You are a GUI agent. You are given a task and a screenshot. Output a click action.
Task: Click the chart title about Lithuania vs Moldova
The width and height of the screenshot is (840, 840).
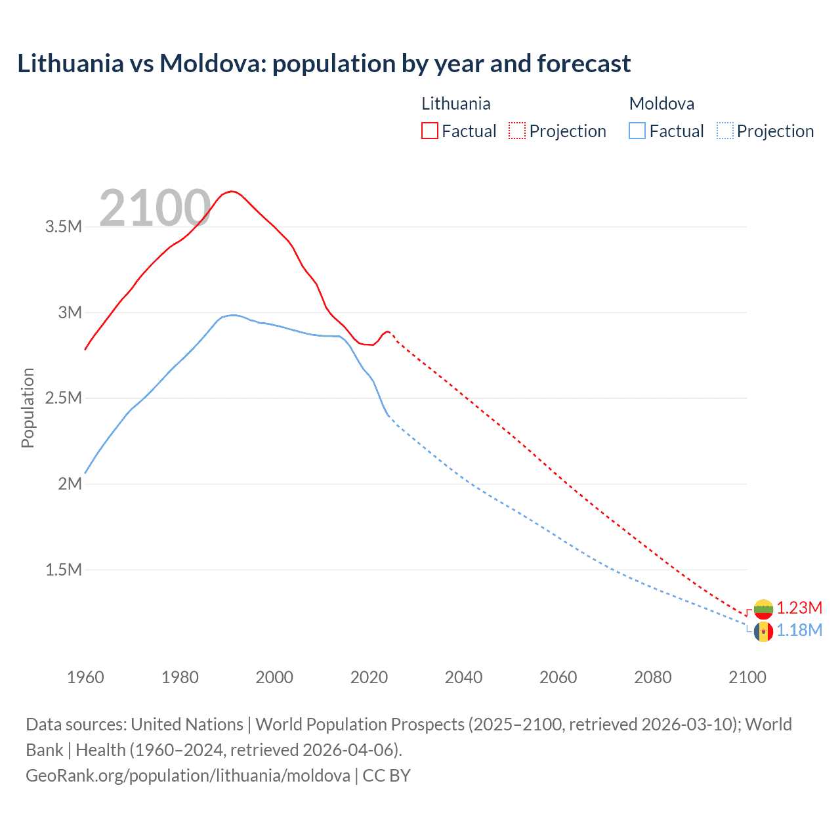(x=324, y=64)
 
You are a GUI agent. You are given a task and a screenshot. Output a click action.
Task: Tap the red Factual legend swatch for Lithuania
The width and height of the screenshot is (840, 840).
(x=429, y=131)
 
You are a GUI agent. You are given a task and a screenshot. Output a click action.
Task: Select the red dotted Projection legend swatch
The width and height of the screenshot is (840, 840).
(x=517, y=131)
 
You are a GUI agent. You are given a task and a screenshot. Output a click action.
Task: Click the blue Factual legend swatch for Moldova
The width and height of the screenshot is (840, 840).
(x=637, y=131)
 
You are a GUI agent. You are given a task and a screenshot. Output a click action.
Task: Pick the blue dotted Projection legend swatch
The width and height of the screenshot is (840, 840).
(x=724, y=131)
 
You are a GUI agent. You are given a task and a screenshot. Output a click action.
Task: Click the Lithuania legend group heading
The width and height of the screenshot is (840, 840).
(x=455, y=104)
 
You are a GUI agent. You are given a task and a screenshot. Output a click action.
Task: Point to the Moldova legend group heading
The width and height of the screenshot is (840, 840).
(x=661, y=104)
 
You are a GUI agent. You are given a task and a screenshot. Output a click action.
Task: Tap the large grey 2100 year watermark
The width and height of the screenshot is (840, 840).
(x=155, y=209)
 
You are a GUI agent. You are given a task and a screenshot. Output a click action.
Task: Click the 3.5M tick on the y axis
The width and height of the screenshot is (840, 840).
(x=63, y=227)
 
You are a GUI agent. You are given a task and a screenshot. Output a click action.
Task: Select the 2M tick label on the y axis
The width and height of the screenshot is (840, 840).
(x=70, y=484)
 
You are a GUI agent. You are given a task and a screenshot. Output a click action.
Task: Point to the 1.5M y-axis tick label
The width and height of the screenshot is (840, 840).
(x=63, y=570)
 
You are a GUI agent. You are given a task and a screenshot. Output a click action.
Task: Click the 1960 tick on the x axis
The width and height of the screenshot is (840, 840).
(x=85, y=677)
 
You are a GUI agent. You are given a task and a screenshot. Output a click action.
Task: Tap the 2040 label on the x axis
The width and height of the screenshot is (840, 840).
(x=463, y=677)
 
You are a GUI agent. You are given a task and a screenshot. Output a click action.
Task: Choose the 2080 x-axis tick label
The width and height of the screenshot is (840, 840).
(x=652, y=677)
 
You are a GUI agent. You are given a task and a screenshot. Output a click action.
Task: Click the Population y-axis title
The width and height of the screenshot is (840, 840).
(x=28, y=408)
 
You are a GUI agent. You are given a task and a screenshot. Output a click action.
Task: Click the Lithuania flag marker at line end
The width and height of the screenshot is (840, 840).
(x=763, y=609)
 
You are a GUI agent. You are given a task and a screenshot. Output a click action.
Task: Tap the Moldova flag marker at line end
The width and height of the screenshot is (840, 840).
(x=763, y=631)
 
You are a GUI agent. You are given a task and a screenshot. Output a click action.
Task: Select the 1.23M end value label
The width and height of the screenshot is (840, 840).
(x=799, y=608)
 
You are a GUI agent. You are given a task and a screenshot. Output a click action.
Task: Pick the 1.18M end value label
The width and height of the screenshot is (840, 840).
(x=799, y=631)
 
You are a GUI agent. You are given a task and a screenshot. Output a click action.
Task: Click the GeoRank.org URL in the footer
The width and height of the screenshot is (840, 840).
(x=188, y=776)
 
